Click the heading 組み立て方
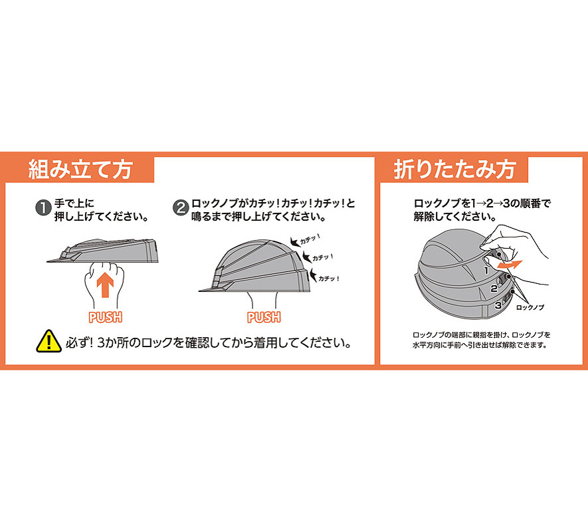[x=80, y=170]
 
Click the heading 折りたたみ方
[x=454, y=170]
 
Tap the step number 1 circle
[x=43, y=208]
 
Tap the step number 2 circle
[x=180, y=208]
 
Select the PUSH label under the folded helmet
[x=106, y=317]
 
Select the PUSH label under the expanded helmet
[x=264, y=317]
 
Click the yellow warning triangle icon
[x=49, y=341]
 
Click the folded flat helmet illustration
[x=103, y=250]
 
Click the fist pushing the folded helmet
[x=104, y=285]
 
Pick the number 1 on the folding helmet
[x=486, y=270]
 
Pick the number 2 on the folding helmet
[x=494, y=289]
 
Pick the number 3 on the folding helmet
[x=498, y=305]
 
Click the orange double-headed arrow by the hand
[x=508, y=264]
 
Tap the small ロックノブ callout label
[x=530, y=308]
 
